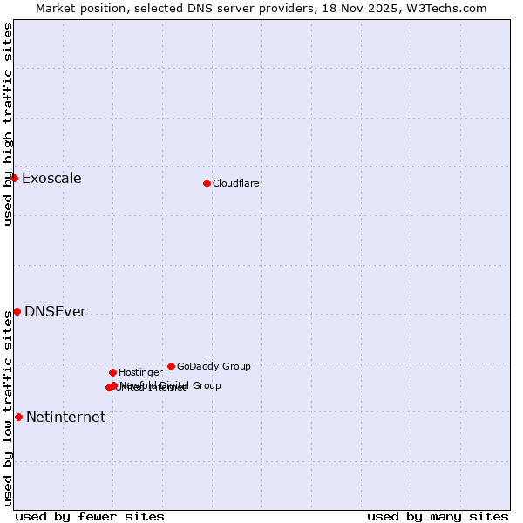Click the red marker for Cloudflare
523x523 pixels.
(x=207, y=183)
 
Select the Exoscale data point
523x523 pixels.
(x=14, y=178)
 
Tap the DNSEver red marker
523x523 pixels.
(x=17, y=311)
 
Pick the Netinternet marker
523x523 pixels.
(x=18, y=417)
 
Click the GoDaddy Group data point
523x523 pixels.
(x=171, y=366)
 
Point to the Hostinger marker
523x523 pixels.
(x=112, y=372)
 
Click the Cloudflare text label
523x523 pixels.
(x=236, y=183)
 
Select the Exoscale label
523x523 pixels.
(x=51, y=179)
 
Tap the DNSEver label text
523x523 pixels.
(x=55, y=312)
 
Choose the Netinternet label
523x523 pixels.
(x=65, y=418)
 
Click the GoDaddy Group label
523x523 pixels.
(x=214, y=366)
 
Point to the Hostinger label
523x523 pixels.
(x=140, y=372)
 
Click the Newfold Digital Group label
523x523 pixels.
(x=172, y=384)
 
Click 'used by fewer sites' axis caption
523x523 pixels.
(x=90, y=517)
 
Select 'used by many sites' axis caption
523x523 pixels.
(x=438, y=517)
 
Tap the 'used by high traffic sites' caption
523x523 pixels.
(x=8, y=124)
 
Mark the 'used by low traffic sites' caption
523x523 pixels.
(x=8, y=408)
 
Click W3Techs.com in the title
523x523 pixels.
(x=449, y=8)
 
